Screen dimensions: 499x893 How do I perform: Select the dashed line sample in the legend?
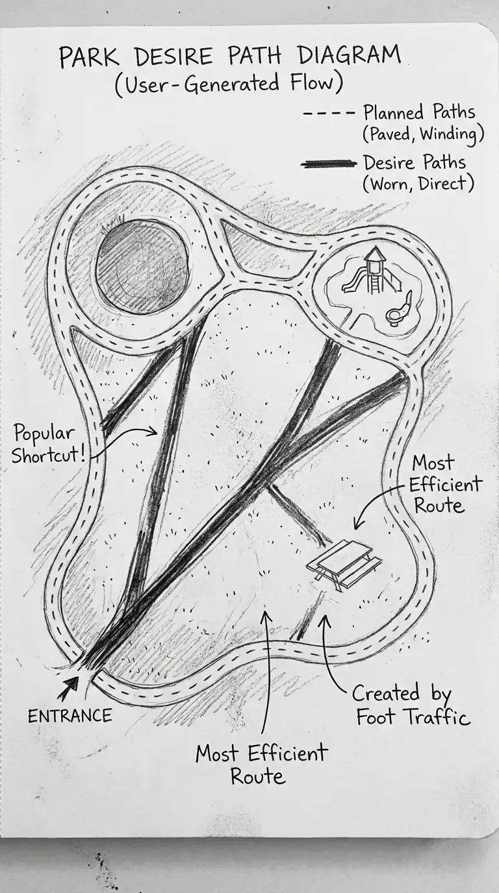tap(329, 113)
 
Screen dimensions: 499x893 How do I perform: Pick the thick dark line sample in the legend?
tap(329, 164)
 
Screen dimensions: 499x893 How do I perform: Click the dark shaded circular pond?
tap(142, 267)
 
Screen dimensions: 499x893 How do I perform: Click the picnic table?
tap(344, 563)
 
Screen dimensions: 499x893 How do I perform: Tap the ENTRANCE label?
tap(70, 716)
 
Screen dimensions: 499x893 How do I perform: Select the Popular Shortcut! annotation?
tap(48, 444)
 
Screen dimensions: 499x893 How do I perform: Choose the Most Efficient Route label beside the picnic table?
tap(446, 484)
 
